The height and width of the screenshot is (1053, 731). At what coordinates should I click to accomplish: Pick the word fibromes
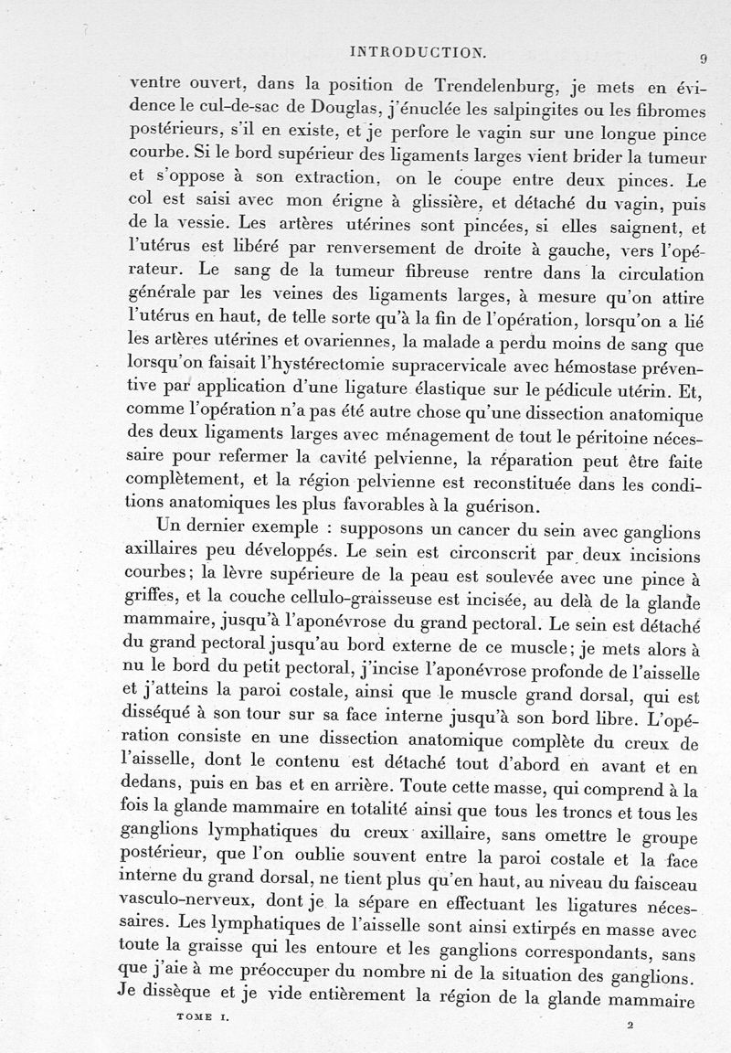click(654, 112)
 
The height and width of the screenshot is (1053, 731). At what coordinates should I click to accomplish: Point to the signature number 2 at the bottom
click(630, 1026)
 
